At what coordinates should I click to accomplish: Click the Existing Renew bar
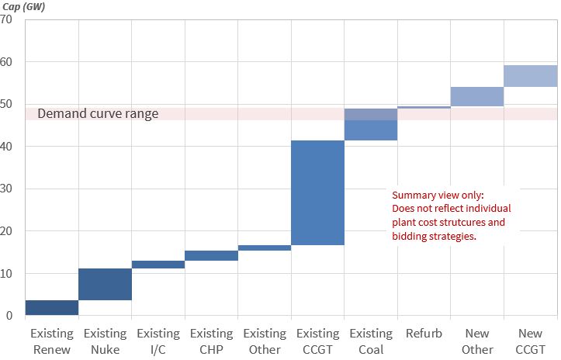click(x=52, y=307)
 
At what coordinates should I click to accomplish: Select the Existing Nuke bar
click(x=105, y=284)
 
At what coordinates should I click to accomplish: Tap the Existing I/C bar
click(x=158, y=265)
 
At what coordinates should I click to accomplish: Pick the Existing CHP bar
click(x=211, y=255)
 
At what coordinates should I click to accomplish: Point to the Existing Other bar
click(x=265, y=248)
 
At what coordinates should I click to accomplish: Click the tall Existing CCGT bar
click(x=318, y=192)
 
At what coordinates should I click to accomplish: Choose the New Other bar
click(x=477, y=96)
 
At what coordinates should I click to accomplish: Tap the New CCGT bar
click(x=531, y=76)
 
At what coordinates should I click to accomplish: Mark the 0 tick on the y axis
click(x=10, y=316)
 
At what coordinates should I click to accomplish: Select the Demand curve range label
click(x=98, y=114)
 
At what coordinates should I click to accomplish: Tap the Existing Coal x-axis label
click(x=371, y=341)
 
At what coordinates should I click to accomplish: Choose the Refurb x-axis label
click(x=424, y=334)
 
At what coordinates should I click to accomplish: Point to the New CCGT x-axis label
click(x=531, y=341)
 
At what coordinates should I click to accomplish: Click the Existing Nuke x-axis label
click(x=105, y=341)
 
